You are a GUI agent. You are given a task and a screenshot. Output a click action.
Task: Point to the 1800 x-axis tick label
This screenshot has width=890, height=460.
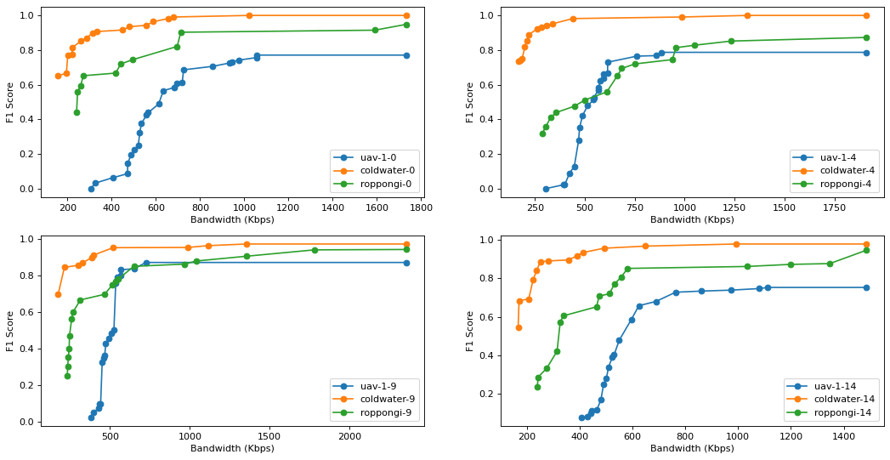point(421,206)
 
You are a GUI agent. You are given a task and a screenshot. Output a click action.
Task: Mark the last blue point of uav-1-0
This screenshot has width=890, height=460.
point(406,55)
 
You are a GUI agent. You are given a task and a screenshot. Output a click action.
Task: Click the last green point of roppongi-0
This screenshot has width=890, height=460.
point(406,25)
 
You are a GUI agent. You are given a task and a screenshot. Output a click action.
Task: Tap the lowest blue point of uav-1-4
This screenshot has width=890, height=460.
point(546,189)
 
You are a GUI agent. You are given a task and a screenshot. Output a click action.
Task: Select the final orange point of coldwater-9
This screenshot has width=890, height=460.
point(406,244)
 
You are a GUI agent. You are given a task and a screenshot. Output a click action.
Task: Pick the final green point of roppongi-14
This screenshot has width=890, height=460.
point(866,250)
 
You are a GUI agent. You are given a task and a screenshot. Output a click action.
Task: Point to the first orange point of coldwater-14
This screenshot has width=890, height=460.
point(519,327)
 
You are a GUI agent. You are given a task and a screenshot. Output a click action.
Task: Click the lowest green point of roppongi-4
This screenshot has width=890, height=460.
point(542,133)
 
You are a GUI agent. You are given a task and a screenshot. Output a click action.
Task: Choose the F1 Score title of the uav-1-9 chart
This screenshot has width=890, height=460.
point(10,332)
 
